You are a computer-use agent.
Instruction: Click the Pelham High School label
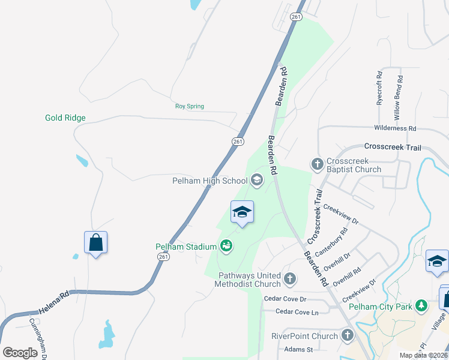click(x=209, y=181)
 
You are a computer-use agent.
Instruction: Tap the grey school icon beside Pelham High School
click(x=257, y=180)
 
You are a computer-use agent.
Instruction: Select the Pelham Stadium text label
click(x=185, y=246)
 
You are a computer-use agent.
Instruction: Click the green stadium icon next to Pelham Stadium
click(x=226, y=245)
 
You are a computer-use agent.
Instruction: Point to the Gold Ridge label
click(x=65, y=118)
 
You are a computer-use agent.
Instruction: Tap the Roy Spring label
click(x=190, y=106)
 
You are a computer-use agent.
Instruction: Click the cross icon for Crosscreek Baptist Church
click(x=317, y=163)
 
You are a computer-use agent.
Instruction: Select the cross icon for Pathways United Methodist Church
click(x=290, y=278)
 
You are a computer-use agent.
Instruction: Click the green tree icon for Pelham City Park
click(x=421, y=306)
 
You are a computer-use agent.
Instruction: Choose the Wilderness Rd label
click(x=395, y=128)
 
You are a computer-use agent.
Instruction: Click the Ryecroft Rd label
click(x=379, y=89)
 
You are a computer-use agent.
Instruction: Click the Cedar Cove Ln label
click(x=297, y=311)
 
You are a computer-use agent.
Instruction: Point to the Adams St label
click(x=300, y=349)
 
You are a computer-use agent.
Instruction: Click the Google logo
click(x=20, y=353)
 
